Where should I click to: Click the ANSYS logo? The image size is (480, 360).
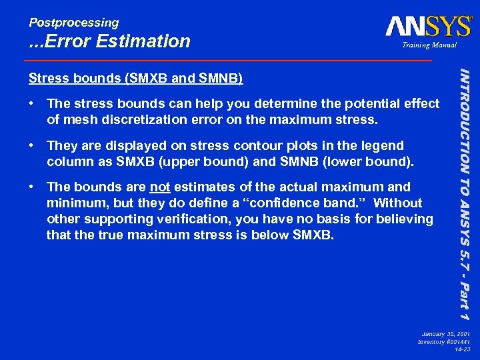[428, 27]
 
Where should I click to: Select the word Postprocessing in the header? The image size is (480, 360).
[73, 23]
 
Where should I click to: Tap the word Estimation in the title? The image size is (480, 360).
[143, 41]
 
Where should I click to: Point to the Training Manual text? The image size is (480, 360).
[429, 45]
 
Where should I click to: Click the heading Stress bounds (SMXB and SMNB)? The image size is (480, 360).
[135, 79]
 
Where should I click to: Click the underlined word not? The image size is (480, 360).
[159, 187]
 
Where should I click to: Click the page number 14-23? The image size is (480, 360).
[461, 349]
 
